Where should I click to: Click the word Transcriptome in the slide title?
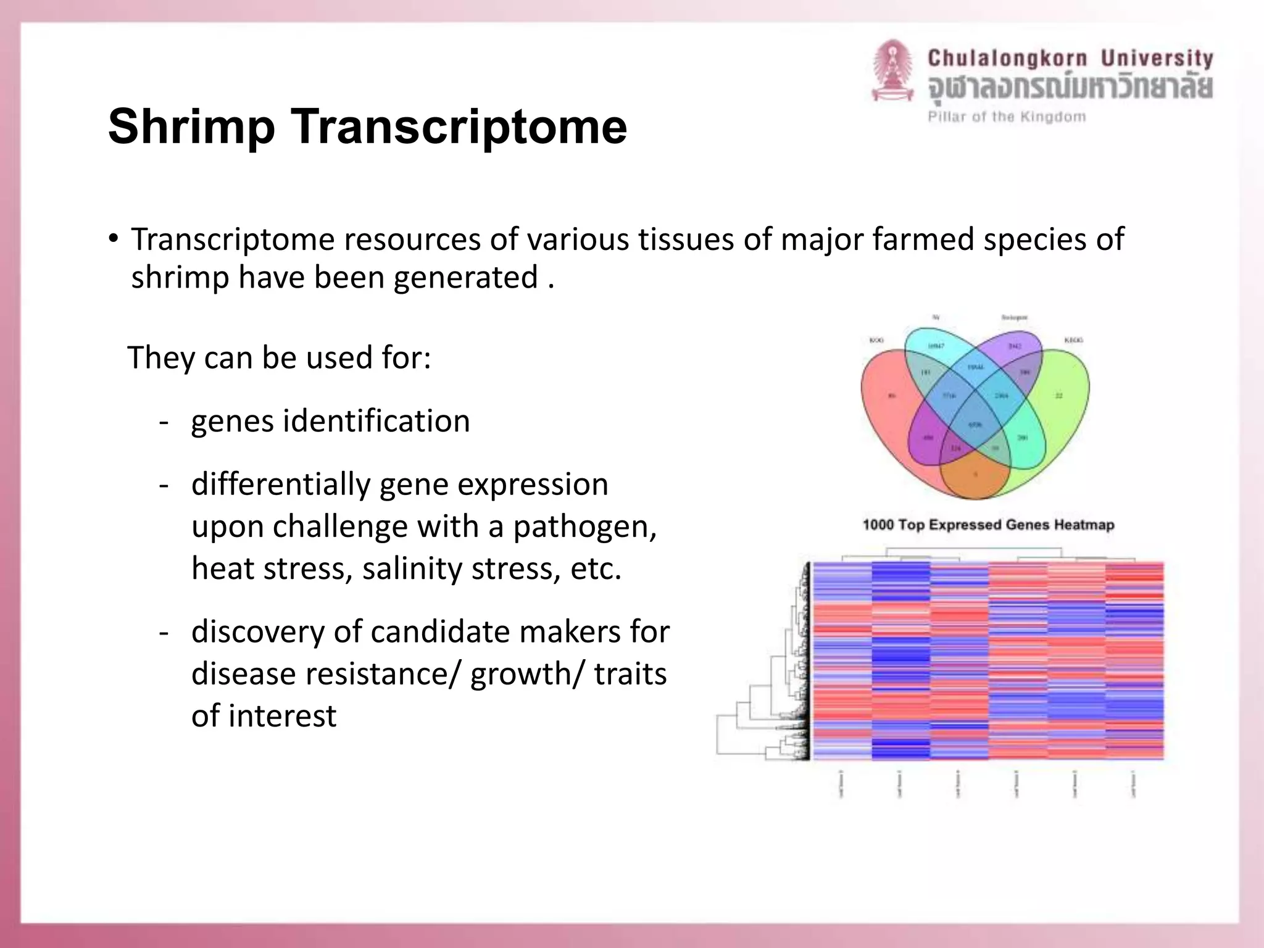click(459, 127)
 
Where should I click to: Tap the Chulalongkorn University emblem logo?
click(892, 72)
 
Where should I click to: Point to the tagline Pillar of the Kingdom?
click(1007, 117)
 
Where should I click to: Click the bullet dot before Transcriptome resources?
click(112, 239)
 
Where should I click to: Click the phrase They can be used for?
click(279, 357)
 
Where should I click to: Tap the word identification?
click(376, 421)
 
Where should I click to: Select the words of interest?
click(264, 716)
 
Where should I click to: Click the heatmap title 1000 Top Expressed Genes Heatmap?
click(988, 525)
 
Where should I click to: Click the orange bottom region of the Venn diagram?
click(975, 476)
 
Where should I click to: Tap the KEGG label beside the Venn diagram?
click(1073, 340)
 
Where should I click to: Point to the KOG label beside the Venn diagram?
click(876, 340)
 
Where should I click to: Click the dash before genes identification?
click(164, 422)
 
